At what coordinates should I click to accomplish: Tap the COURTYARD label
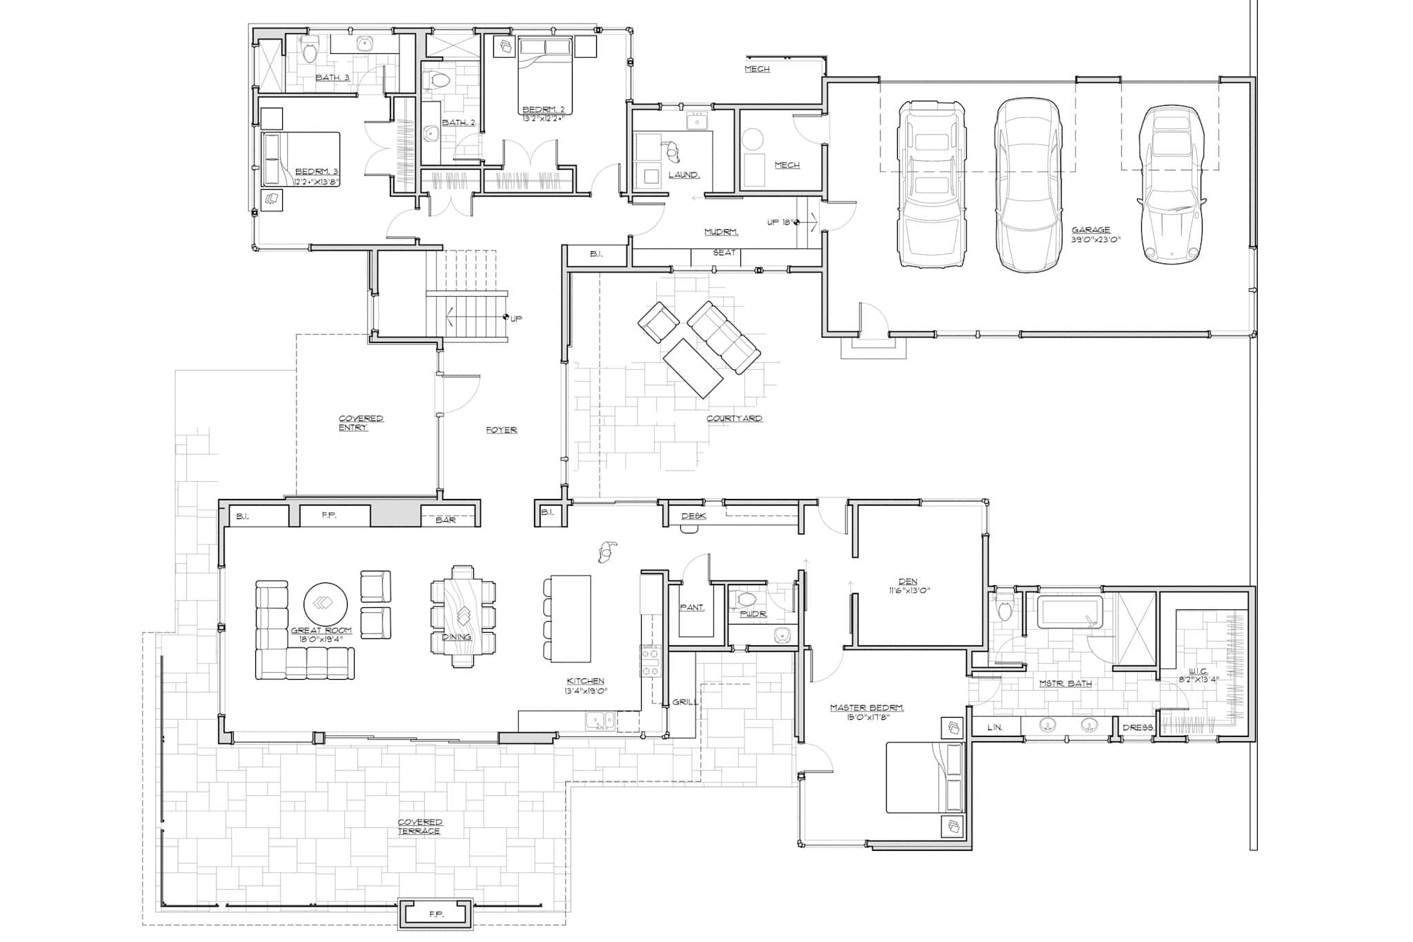[x=734, y=418]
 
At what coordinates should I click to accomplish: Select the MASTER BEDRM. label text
[x=867, y=708]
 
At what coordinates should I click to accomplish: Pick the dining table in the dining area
[x=463, y=616]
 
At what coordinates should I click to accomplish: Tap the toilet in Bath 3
[x=308, y=51]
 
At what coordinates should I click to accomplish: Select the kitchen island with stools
[x=570, y=618]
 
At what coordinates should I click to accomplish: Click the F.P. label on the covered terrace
[x=436, y=914]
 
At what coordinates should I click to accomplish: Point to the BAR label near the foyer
[x=446, y=520]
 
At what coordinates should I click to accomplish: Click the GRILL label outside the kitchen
[x=685, y=702]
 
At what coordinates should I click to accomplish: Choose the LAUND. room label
[x=684, y=175]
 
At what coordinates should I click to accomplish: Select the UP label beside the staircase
[x=516, y=318]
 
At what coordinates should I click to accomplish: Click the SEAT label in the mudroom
[x=724, y=253]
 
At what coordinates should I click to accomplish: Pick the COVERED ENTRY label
[x=361, y=423]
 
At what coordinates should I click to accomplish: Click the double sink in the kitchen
[x=601, y=720]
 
